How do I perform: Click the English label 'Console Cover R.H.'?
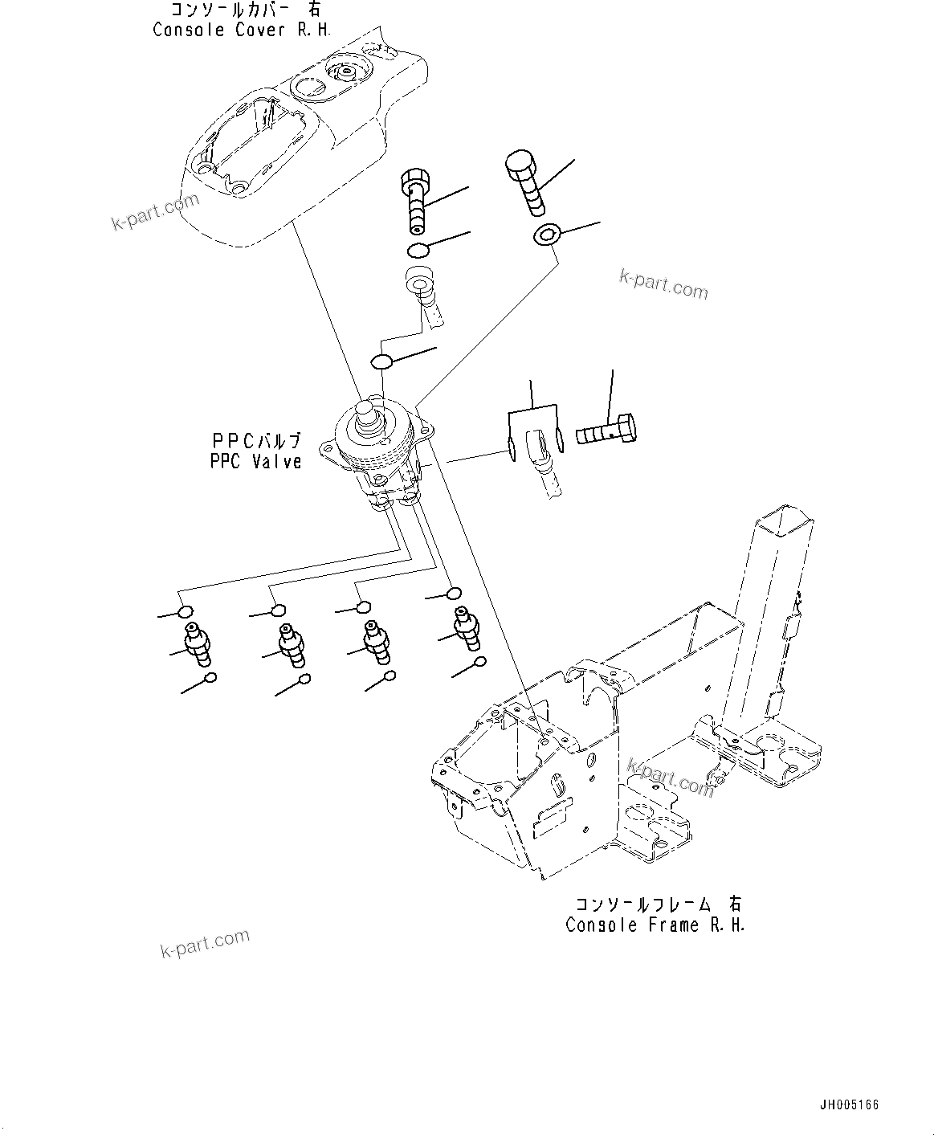pyautogui.click(x=242, y=30)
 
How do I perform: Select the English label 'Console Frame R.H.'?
pyautogui.click(x=655, y=925)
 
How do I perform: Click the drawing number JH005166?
pyautogui.click(x=848, y=1104)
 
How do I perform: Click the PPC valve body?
pyautogui.click(x=377, y=454)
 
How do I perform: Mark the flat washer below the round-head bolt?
pyautogui.click(x=546, y=235)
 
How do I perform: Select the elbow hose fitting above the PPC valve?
pyautogui.click(x=422, y=292)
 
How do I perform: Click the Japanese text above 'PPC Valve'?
pyautogui.click(x=256, y=441)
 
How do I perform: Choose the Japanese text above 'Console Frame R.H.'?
pyautogui.click(x=655, y=904)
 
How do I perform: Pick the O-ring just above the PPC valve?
pyautogui.click(x=383, y=360)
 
